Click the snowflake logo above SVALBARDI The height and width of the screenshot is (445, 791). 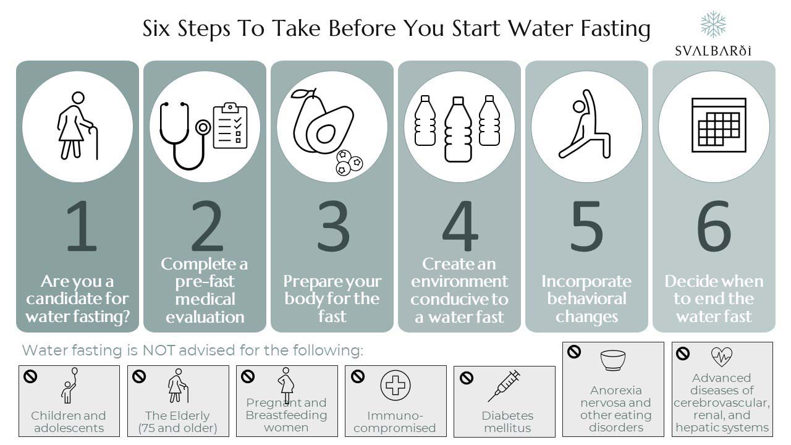(713, 24)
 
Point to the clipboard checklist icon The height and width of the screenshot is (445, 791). (230, 125)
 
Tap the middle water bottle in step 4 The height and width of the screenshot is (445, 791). (458, 129)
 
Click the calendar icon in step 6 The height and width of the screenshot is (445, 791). (719, 125)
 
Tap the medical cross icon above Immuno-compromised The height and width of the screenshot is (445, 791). (395, 386)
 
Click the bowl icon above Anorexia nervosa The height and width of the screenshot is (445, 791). (613, 360)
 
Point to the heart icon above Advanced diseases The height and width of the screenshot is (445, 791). (721, 356)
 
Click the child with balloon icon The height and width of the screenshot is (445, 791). (69, 386)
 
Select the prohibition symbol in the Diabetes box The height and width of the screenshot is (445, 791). (467, 377)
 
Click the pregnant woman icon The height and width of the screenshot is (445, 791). (286, 383)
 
